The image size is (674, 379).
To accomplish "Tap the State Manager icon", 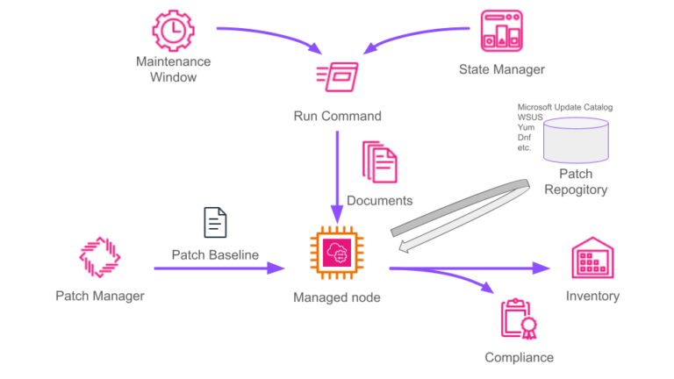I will (x=501, y=31).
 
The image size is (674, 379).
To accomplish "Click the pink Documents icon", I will (x=379, y=162).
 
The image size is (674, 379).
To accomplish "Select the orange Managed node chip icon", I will (x=336, y=254).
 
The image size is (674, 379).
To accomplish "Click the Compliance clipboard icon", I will (x=519, y=318).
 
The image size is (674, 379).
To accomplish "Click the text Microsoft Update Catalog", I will (x=564, y=107).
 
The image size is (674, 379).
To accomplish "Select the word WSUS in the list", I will (x=531, y=117).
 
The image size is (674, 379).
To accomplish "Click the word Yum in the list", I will (x=526, y=127).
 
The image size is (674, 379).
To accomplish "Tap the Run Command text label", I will (x=337, y=116).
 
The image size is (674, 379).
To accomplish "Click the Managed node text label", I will (x=336, y=297).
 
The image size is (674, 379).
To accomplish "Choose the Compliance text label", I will (x=519, y=357).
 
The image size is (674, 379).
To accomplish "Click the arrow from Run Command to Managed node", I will (x=336, y=175).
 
